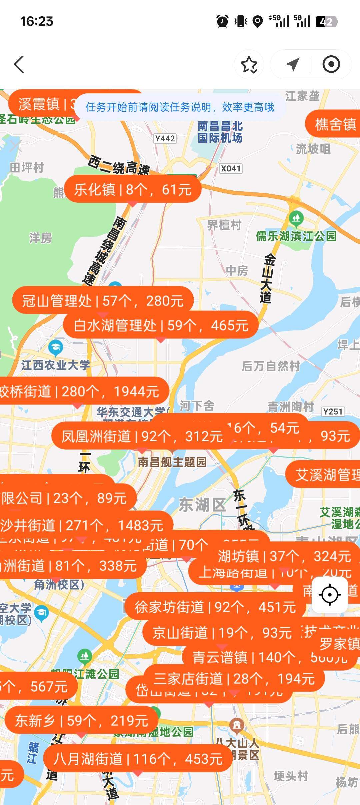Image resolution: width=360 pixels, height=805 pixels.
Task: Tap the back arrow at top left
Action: tap(19, 64)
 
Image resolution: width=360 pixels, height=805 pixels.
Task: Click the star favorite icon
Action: tap(249, 64)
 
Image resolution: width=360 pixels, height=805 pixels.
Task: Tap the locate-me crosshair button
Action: tap(330, 595)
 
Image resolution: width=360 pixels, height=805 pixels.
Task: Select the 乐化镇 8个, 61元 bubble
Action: tap(133, 189)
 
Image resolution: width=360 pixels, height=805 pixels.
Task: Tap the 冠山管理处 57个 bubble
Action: tap(103, 301)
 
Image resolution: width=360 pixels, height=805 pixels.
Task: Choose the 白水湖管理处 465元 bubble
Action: tap(161, 325)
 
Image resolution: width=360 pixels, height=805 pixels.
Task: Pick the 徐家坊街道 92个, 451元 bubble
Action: tap(215, 607)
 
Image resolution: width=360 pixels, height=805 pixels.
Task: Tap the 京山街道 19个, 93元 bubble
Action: tap(222, 633)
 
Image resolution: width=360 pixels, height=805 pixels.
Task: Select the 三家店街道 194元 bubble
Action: tap(234, 679)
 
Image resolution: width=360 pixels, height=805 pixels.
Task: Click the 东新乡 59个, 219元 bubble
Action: tap(81, 721)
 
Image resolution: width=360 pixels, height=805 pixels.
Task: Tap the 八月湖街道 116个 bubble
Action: tap(138, 759)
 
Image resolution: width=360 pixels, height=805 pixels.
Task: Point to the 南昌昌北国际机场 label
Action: tap(220, 132)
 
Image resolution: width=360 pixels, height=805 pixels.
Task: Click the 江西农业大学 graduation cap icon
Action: tap(56, 348)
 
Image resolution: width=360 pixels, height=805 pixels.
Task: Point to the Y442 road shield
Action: tap(165, 138)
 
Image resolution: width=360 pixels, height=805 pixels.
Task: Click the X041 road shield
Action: tap(231, 168)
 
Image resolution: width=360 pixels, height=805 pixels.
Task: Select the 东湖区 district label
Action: tap(202, 505)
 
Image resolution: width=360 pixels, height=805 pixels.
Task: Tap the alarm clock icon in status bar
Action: tap(222, 22)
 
